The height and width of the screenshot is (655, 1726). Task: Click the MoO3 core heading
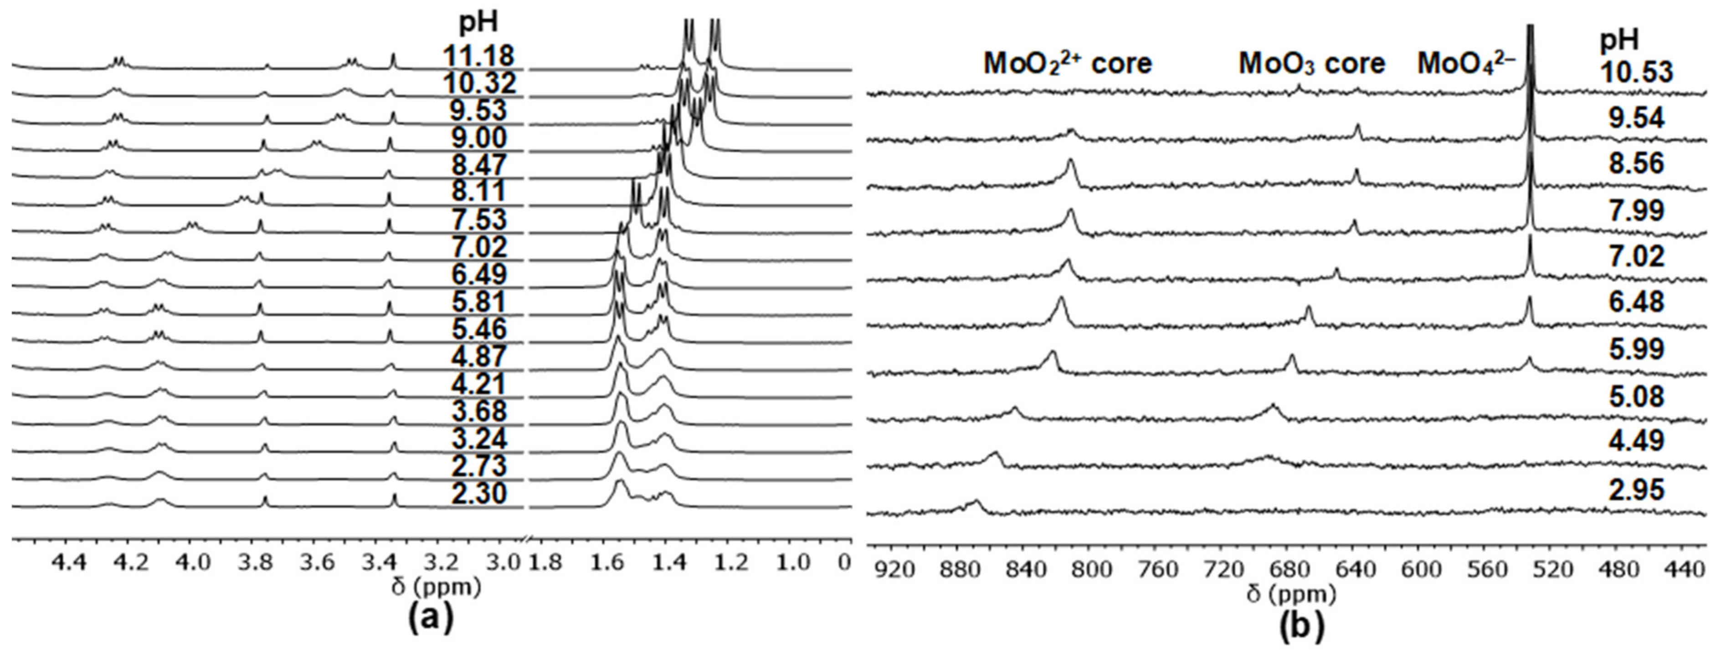(1311, 64)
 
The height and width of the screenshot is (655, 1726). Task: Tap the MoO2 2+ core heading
(1068, 64)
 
